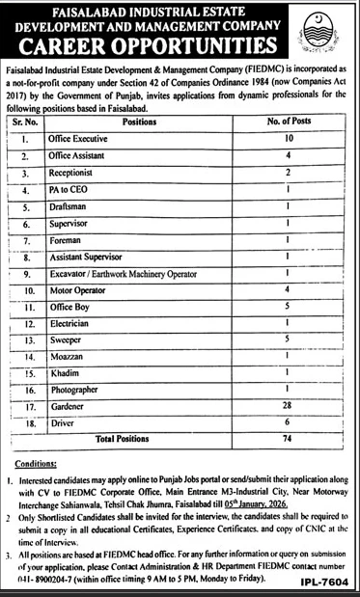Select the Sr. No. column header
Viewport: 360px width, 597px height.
coord(25,122)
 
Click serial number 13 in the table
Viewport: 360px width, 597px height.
coord(29,341)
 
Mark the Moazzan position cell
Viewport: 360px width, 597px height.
coord(67,358)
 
